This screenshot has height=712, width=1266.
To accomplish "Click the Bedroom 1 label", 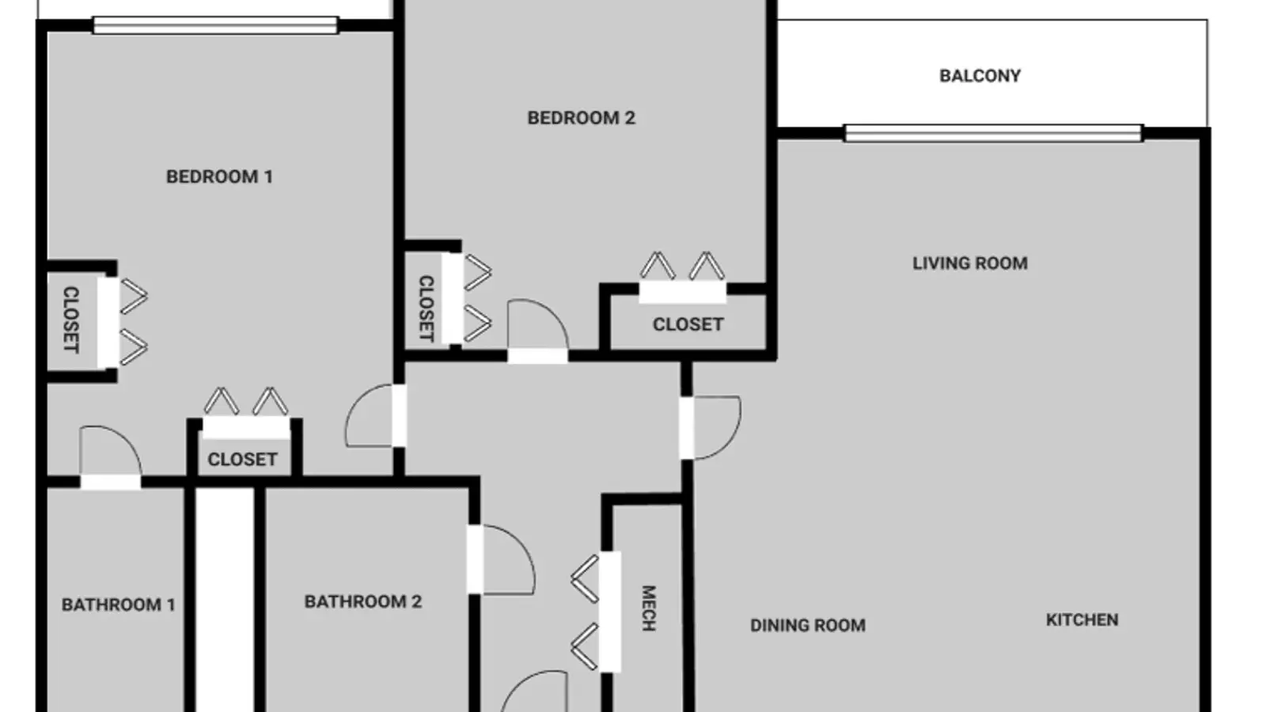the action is [x=219, y=177].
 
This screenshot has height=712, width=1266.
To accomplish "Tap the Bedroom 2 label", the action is [x=581, y=118].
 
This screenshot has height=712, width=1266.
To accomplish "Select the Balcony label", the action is [x=980, y=76].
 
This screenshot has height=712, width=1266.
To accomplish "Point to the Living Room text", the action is [x=970, y=263].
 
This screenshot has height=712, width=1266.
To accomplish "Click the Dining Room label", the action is [x=808, y=626].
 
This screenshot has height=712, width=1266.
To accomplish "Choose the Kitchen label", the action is [x=1082, y=620].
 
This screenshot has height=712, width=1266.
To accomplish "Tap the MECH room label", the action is [x=649, y=608].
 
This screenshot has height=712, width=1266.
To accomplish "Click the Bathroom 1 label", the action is [x=118, y=605].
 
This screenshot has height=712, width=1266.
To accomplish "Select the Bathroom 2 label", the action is [x=363, y=602].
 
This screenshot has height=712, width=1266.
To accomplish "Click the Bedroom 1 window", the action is [x=215, y=25].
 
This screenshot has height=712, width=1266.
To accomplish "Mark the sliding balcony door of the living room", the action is [x=993, y=134].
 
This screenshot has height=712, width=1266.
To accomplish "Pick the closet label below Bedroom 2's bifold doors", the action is [x=688, y=325].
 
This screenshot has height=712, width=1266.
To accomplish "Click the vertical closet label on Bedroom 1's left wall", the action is [x=70, y=320].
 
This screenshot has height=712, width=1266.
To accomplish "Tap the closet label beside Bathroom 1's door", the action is [x=242, y=460].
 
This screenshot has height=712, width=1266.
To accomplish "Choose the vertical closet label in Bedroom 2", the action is [x=426, y=309].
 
